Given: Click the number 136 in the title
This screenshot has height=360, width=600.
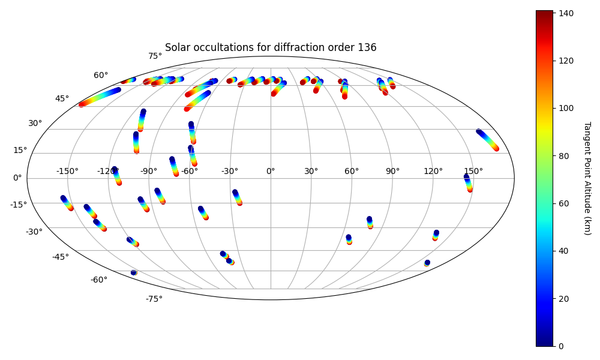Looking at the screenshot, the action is click(367, 47).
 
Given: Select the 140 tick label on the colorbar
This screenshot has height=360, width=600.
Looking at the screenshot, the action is click(566, 13).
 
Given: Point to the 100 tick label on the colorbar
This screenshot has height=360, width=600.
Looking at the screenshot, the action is click(566, 108).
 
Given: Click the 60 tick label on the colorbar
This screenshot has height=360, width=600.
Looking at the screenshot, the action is click(563, 203).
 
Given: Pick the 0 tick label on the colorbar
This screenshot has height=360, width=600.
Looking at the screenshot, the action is click(562, 346).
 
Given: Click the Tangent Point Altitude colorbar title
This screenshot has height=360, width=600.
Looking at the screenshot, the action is click(587, 178).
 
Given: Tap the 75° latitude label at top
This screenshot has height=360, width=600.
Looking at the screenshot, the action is click(155, 56).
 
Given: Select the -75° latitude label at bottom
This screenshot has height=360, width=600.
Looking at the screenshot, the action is click(154, 299).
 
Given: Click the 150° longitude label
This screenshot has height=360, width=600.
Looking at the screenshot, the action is click(473, 171).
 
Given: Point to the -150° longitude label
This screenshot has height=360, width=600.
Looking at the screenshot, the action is click(67, 171).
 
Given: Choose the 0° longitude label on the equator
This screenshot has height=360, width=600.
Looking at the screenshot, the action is click(271, 171).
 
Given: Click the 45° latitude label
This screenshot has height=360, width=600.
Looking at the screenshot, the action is click(62, 99).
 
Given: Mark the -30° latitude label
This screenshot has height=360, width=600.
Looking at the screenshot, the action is click(34, 232).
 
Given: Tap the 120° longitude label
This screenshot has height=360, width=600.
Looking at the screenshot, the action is click(433, 171).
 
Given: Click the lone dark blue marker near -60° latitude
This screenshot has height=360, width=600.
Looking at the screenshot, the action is click(134, 272).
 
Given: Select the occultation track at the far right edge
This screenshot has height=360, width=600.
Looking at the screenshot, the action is click(487, 140).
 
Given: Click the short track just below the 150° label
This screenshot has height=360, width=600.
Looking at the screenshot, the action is click(468, 183).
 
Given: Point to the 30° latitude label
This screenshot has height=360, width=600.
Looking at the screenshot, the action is click(35, 123).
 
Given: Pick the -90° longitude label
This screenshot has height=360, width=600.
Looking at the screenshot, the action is click(148, 171).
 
